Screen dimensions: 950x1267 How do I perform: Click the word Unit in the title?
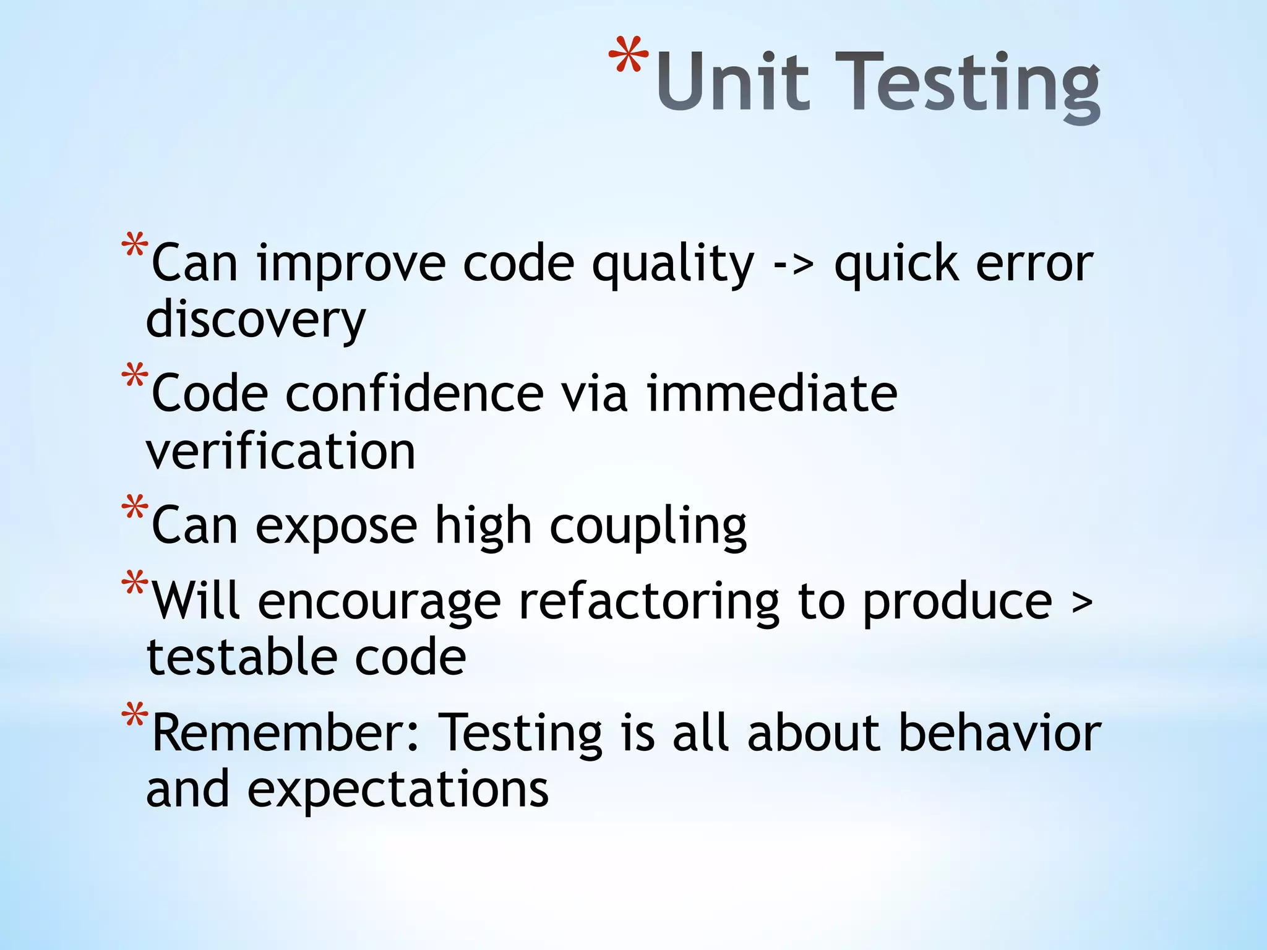(x=733, y=82)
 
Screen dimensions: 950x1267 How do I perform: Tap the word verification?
(x=280, y=451)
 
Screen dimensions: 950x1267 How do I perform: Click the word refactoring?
(x=649, y=603)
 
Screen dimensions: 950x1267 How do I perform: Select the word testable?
(x=241, y=657)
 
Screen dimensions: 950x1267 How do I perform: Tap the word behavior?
(x=999, y=734)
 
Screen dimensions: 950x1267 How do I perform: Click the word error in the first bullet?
(x=1034, y=265)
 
